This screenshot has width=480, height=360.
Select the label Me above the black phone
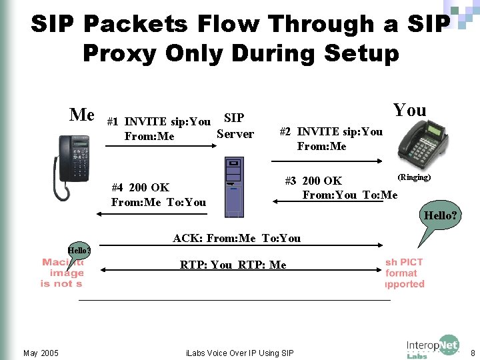(x=82, y=115)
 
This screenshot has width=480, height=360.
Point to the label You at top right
(x=409, y=110)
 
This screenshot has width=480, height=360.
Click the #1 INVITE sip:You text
(x=159, y=121)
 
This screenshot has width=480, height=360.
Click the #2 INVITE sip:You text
(x=331, y=131)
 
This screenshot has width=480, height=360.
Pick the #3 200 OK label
(x=313, y=181)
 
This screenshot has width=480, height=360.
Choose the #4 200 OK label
(x=140, y=187)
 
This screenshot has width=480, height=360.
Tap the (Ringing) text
(x=414, y=177)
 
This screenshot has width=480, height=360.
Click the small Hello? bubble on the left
(x=79, y=251)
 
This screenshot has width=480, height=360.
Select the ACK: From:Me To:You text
(x=237, y=238)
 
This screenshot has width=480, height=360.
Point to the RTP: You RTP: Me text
(x=233, y=265)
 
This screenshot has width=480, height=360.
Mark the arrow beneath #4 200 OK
(x=151, y=214)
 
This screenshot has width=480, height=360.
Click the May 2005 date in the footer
(x=41, y=353)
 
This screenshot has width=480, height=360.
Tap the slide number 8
(x=472, y=353)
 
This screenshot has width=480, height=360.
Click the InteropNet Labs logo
(x=432, y=347)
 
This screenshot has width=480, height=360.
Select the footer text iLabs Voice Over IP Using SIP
(x=239, y=353)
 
